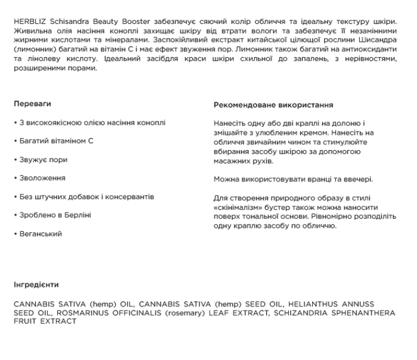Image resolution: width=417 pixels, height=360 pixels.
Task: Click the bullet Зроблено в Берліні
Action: pos(53,215)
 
